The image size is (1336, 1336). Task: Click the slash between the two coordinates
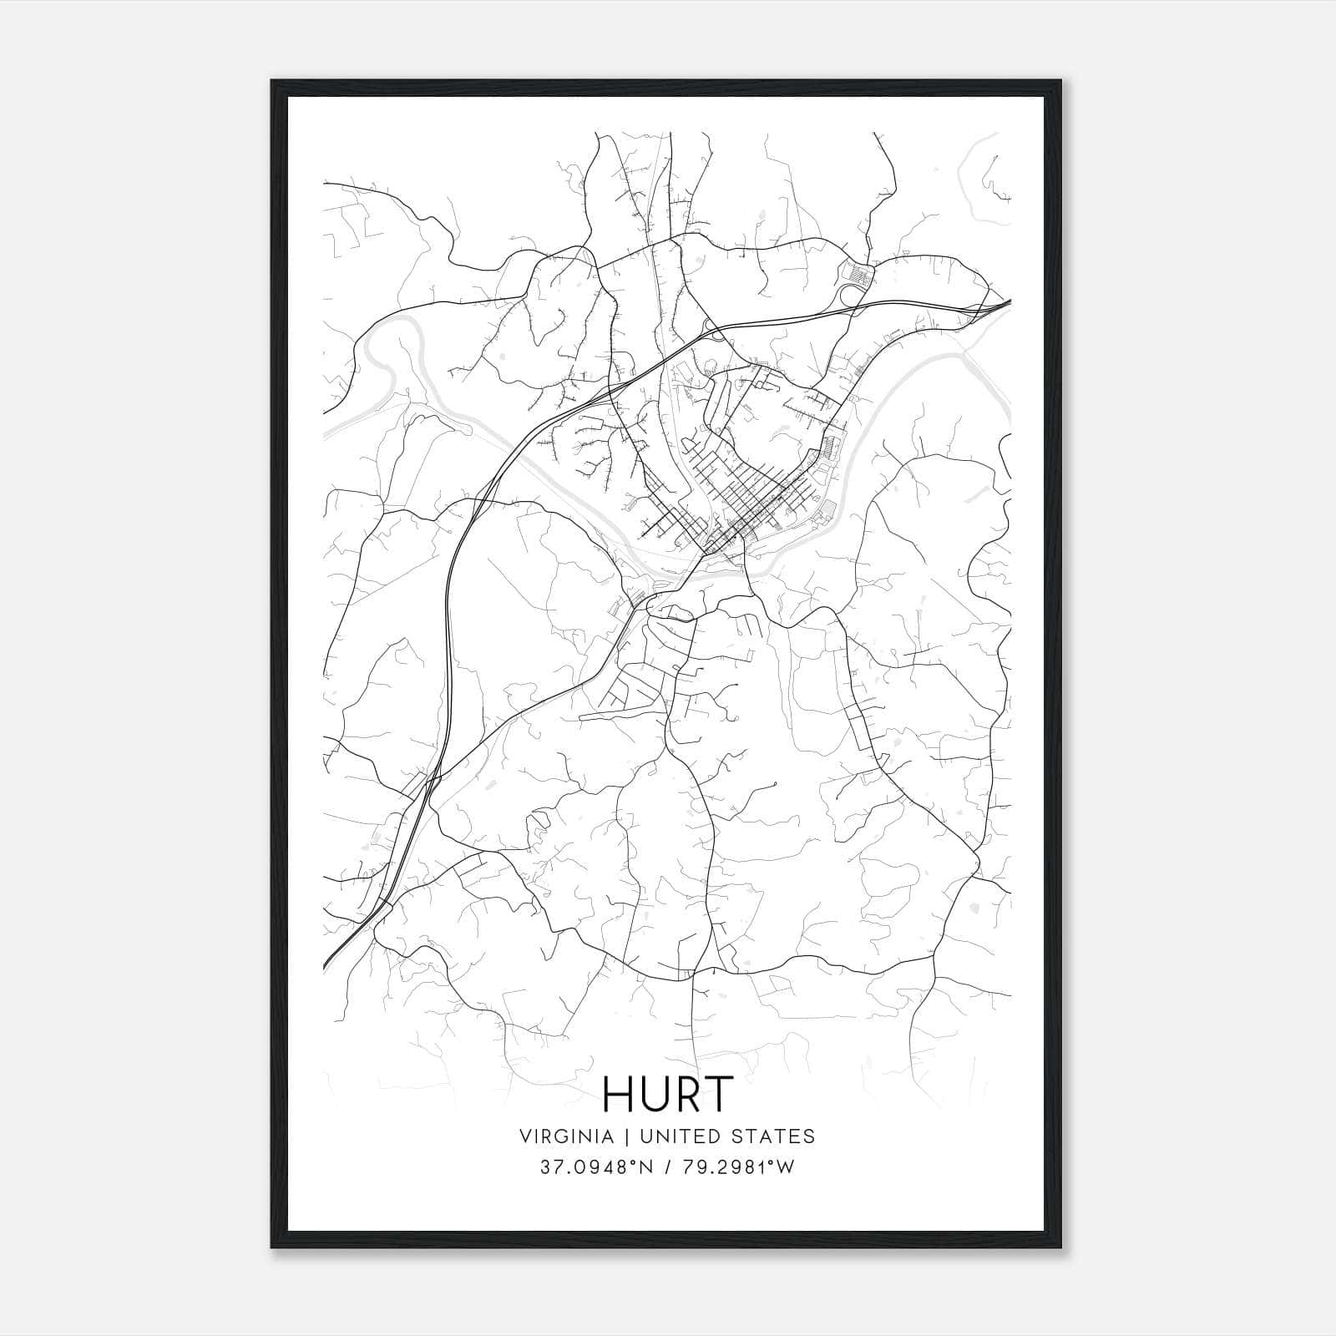coord(668,1167)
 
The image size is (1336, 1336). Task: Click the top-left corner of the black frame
coord(272,81)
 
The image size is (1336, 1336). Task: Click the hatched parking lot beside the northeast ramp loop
coord(857,271)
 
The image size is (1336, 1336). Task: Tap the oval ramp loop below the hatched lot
coord(850,295)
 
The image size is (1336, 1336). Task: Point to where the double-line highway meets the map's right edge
coord(1010,301)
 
